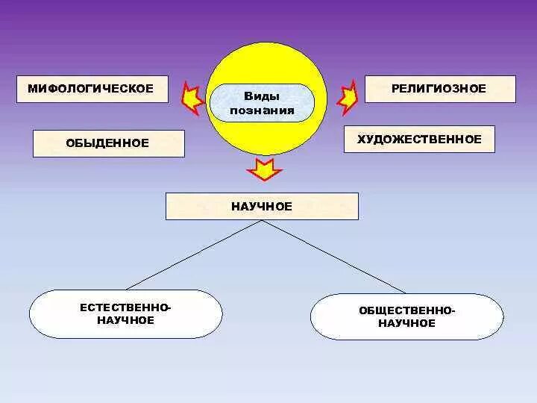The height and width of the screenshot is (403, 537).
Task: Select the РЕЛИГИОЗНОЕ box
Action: (440, 89)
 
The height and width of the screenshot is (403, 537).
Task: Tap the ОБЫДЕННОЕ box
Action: (109, 143)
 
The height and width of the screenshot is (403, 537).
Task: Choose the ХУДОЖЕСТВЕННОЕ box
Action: (419, 140)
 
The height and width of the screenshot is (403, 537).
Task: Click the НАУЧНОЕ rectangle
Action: (262, 206)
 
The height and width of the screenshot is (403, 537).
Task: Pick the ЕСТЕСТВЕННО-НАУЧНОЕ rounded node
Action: (125, 314)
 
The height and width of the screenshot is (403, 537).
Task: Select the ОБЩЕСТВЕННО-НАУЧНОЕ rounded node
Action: (406, 317)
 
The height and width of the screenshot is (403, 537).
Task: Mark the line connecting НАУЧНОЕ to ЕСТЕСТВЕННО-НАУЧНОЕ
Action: (195, 254)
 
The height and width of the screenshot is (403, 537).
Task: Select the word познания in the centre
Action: (262, 110)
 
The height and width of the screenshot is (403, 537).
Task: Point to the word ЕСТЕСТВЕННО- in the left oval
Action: (125, 307)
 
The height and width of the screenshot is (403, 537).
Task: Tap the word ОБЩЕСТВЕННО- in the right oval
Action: (406, 310)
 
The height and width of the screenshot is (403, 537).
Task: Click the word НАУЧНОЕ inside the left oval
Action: (125, 321)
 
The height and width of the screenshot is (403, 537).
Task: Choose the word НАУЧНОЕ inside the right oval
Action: (406, 324)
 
